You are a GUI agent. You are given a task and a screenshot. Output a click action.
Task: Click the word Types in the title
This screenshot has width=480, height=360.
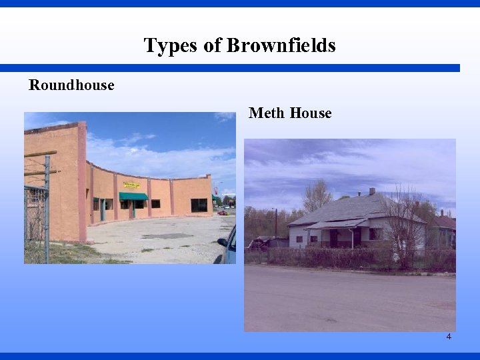pyautogui.click(x=162, y=45)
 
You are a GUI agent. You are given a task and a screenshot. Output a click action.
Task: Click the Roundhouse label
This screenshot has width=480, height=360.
pyautogui.click(x=71, y=85)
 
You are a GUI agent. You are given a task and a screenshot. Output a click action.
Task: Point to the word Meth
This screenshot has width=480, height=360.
pyautogui.click(x=267, y=113)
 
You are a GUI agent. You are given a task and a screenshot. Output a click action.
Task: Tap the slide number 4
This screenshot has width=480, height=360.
pyautogui.click(x=449, y=337)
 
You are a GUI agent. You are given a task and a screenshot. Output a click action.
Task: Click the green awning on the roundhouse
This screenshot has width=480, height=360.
pyautogui.click(x=133, y=196)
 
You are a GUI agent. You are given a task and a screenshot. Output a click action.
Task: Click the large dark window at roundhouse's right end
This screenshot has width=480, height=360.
pyautogui.click(x=199, y=205)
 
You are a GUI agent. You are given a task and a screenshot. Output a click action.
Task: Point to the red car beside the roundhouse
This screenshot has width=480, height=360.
pyautogui.click(x=223, y=213)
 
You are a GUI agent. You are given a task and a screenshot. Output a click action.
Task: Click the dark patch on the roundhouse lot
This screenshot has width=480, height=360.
pyautogui.click(x=167, y=236)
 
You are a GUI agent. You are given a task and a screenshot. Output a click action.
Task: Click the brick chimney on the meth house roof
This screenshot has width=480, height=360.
pyautogui.click(x=372, y=191)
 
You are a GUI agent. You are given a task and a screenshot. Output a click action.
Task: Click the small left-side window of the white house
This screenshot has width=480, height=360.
pyautogui.click(x=299, y=238)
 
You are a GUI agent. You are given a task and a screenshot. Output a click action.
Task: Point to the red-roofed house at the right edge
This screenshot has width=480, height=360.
pyautogui.click(x=444, y=227)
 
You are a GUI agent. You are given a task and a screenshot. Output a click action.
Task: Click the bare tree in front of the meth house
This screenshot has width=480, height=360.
pyautogui.click(x=404, y=220)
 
